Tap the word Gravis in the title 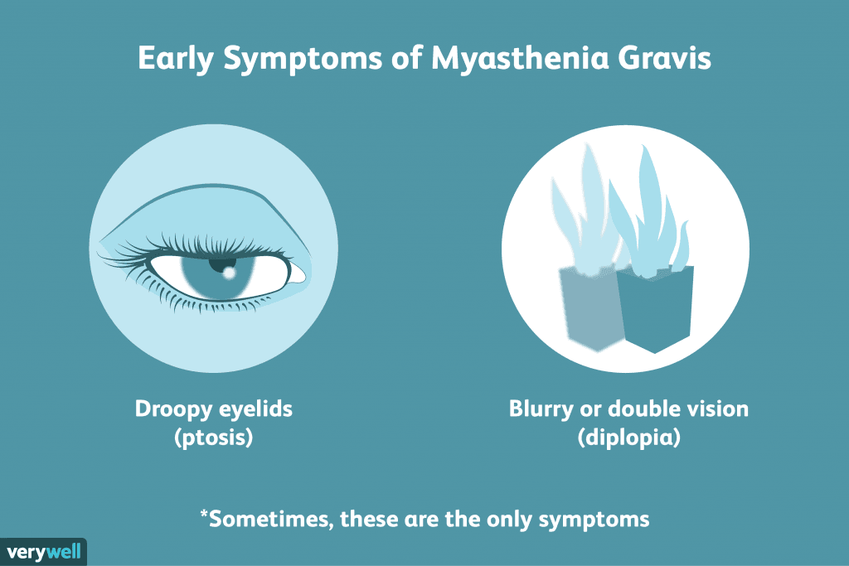(x=664, y=57)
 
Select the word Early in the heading (x=176, y=59)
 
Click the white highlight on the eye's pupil (x=229, y=273)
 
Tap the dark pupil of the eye (x=222, y=266)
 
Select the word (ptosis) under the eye (x=213, y=438)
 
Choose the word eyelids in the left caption (x=255, y=409)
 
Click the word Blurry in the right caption (x=541, y=409)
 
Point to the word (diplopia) (x=628, y=438)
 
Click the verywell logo (x=43, y=553)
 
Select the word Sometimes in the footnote (x=271, y=520)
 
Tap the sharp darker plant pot (x=657, y=308)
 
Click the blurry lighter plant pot (x=591, y=307)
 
